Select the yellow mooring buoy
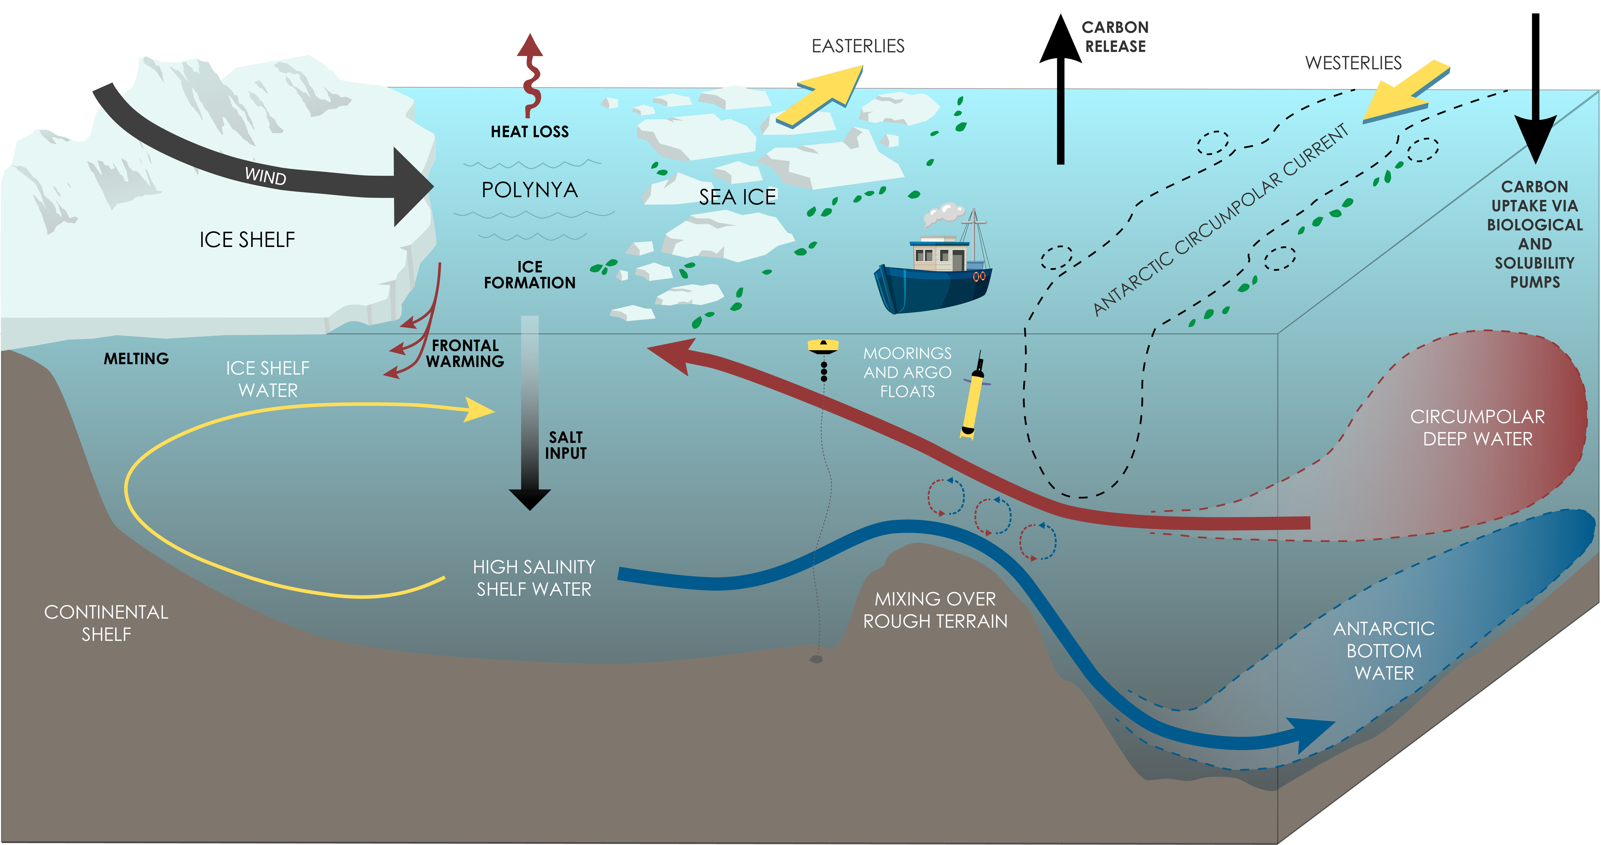click(823, 346)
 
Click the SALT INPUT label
click(566, 445)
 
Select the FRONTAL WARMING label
click(465, 353)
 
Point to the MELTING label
click(136, 359)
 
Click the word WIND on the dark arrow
click(265, 176)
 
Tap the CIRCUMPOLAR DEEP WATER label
click(1477, 428)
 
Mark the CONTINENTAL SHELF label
click(106, 623)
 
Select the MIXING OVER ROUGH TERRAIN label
click(935, 610)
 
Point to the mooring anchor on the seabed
click(816, 659)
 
